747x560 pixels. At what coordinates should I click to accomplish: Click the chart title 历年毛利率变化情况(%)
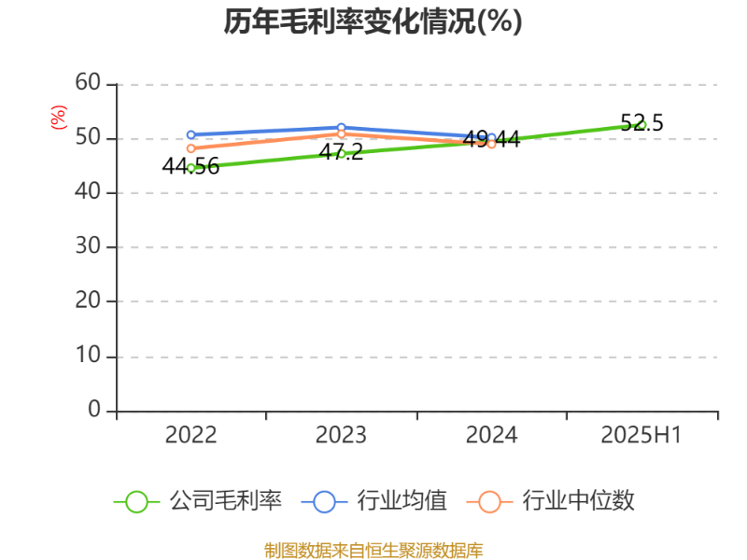click(373, 21)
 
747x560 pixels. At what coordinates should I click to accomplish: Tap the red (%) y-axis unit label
click(59, 118)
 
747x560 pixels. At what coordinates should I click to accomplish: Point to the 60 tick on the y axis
click(88, 83)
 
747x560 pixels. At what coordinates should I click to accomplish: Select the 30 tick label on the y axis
click(88, 246)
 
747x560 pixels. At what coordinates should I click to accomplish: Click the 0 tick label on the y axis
click(94, 410)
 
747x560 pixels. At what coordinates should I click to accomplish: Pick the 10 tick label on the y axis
click(88, 356)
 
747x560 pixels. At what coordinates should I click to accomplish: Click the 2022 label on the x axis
click(190, 435)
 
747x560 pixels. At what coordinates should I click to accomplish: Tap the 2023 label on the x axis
click(341, 435)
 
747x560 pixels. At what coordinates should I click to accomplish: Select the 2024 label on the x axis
click(492, 435)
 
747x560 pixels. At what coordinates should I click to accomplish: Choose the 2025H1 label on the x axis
click(641, 435)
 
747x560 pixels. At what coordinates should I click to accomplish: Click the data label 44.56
click(190, 166)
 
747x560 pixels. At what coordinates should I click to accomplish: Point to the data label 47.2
click(341, 152)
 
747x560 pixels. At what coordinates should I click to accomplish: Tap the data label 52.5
click(641, 123)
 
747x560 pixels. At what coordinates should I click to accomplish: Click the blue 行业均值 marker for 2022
click(191, 134)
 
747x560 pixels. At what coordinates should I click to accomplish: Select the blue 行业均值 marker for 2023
click(341, 128)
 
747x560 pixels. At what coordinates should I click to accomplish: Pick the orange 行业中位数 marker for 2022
click(191, 148)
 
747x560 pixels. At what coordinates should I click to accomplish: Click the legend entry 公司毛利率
click(198, 501)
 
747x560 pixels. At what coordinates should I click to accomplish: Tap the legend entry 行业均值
click(374, 501)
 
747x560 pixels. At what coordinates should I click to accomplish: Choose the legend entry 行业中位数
click(550, 501)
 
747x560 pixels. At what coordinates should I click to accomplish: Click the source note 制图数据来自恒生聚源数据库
click(373, 551)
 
